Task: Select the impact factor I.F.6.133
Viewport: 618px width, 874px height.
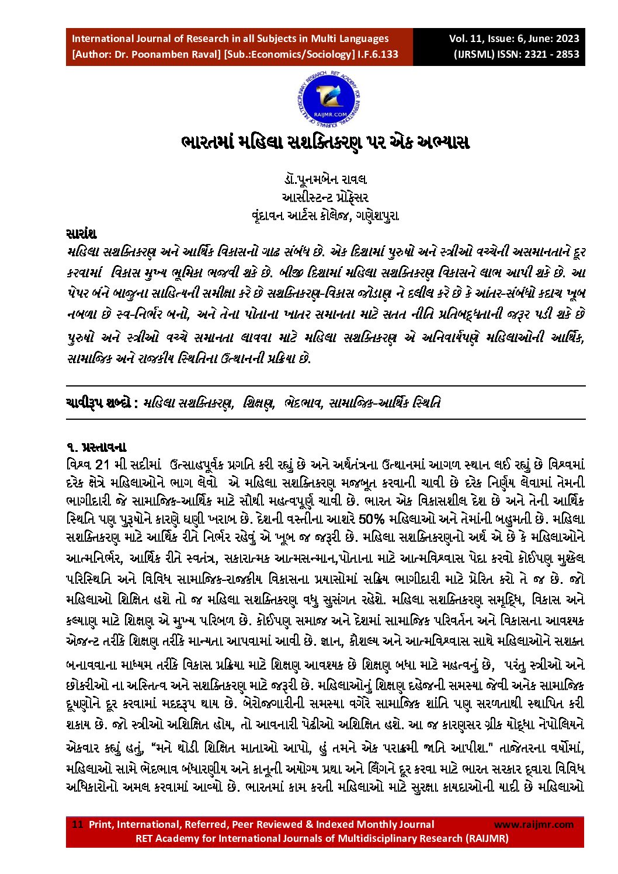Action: coord(378,54)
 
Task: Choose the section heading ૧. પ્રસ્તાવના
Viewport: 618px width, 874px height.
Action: coord(96,448)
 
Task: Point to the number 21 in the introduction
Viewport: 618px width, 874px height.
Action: coord(102,465)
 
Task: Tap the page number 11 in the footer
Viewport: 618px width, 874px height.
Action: coord(77,824)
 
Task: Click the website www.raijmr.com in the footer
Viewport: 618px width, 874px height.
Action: coord(533,824)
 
